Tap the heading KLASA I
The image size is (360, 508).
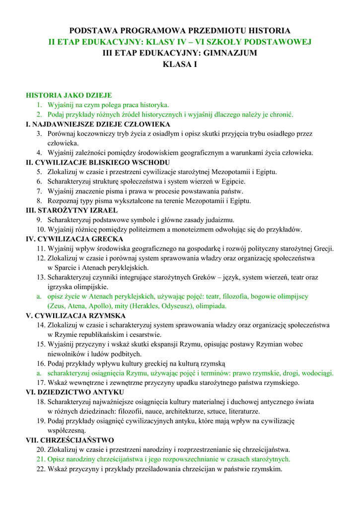pyautogui.click(x=180, y=64)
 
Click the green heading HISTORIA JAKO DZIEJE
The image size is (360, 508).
pyautogui.click(x=69, y=95)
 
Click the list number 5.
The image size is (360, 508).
pyautogui.click(x=39, y=172)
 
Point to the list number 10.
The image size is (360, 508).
pyautogui.click(x=41, y=230)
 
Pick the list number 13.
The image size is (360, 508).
pyautogui.click(x=41, y=277)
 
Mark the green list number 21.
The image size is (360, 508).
pyautogui.click(x=41, y=459)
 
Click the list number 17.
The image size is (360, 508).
pyautogui.click(x=41, y=383)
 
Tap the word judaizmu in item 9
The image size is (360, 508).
pyautogui.click(x=219, y=220)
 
